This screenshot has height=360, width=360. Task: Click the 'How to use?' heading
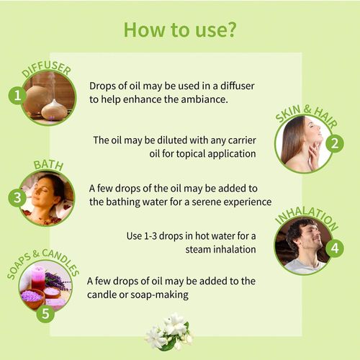point(180,30)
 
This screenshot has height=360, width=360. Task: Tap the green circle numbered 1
point(17,96)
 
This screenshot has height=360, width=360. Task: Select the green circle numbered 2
point(335,143)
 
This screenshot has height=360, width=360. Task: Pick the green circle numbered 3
point(17,198)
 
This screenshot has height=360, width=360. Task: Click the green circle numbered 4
point(335,248)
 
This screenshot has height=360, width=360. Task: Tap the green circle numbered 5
point(45,313)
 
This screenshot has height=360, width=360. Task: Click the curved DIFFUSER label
point(46,70)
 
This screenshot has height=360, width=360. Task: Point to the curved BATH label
point(48,165)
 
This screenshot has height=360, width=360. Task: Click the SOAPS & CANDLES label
point(42,264)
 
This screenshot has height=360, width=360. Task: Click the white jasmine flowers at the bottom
point(169,331)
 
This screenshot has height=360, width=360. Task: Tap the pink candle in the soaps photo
point(38,277)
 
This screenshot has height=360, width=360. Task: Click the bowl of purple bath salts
point(32,298)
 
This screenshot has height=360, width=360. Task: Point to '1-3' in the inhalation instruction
point(150,236)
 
